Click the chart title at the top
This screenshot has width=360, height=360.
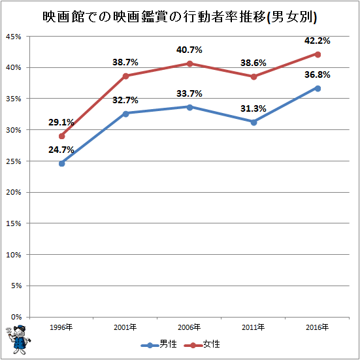tap(180, 17)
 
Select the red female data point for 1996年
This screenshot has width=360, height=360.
tap(62, 136)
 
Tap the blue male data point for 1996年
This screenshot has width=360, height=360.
tap(62, 163)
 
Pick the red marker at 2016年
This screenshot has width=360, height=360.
tap(318, 55)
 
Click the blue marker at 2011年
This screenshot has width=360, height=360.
tap(254, 122)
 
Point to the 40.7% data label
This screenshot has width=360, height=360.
tap(189, 50)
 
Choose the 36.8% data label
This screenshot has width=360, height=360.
tap(318, 74)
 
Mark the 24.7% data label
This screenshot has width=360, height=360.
tap(61, 150)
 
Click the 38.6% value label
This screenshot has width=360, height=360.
tap(254, 63)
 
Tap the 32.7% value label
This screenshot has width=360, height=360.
tap(125, 100)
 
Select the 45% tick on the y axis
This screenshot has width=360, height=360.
tap(14, 37)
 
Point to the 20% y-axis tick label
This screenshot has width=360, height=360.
tap(14, 192)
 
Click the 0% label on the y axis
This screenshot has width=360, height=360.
tap(16, 317)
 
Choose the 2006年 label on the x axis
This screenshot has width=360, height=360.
tap(189, 327)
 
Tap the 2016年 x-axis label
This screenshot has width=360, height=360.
tap(318, 327)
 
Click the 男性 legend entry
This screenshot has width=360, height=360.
tap(159, 344)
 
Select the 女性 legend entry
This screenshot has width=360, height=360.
tap(202, 344)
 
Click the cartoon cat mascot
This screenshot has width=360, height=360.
tap(18, 340)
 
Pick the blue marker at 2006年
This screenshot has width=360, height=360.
tap(189, 107)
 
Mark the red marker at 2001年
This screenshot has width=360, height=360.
tap(126, 76)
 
